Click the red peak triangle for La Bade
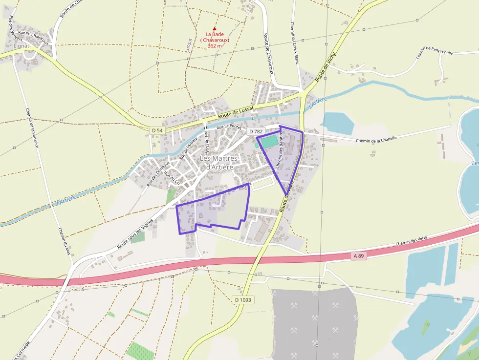click(x=214, y=29)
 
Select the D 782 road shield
click(x=256, y=132)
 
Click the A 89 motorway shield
click(x=359, y=256)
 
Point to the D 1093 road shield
click(x=242, y=300)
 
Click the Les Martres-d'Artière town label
click(x=219, y=163)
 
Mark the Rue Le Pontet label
click(x=229, y=126)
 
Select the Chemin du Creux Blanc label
click(x=294, y=43)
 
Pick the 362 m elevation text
click(x=215, y=46)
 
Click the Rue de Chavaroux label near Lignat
click(x=33, y=39)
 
